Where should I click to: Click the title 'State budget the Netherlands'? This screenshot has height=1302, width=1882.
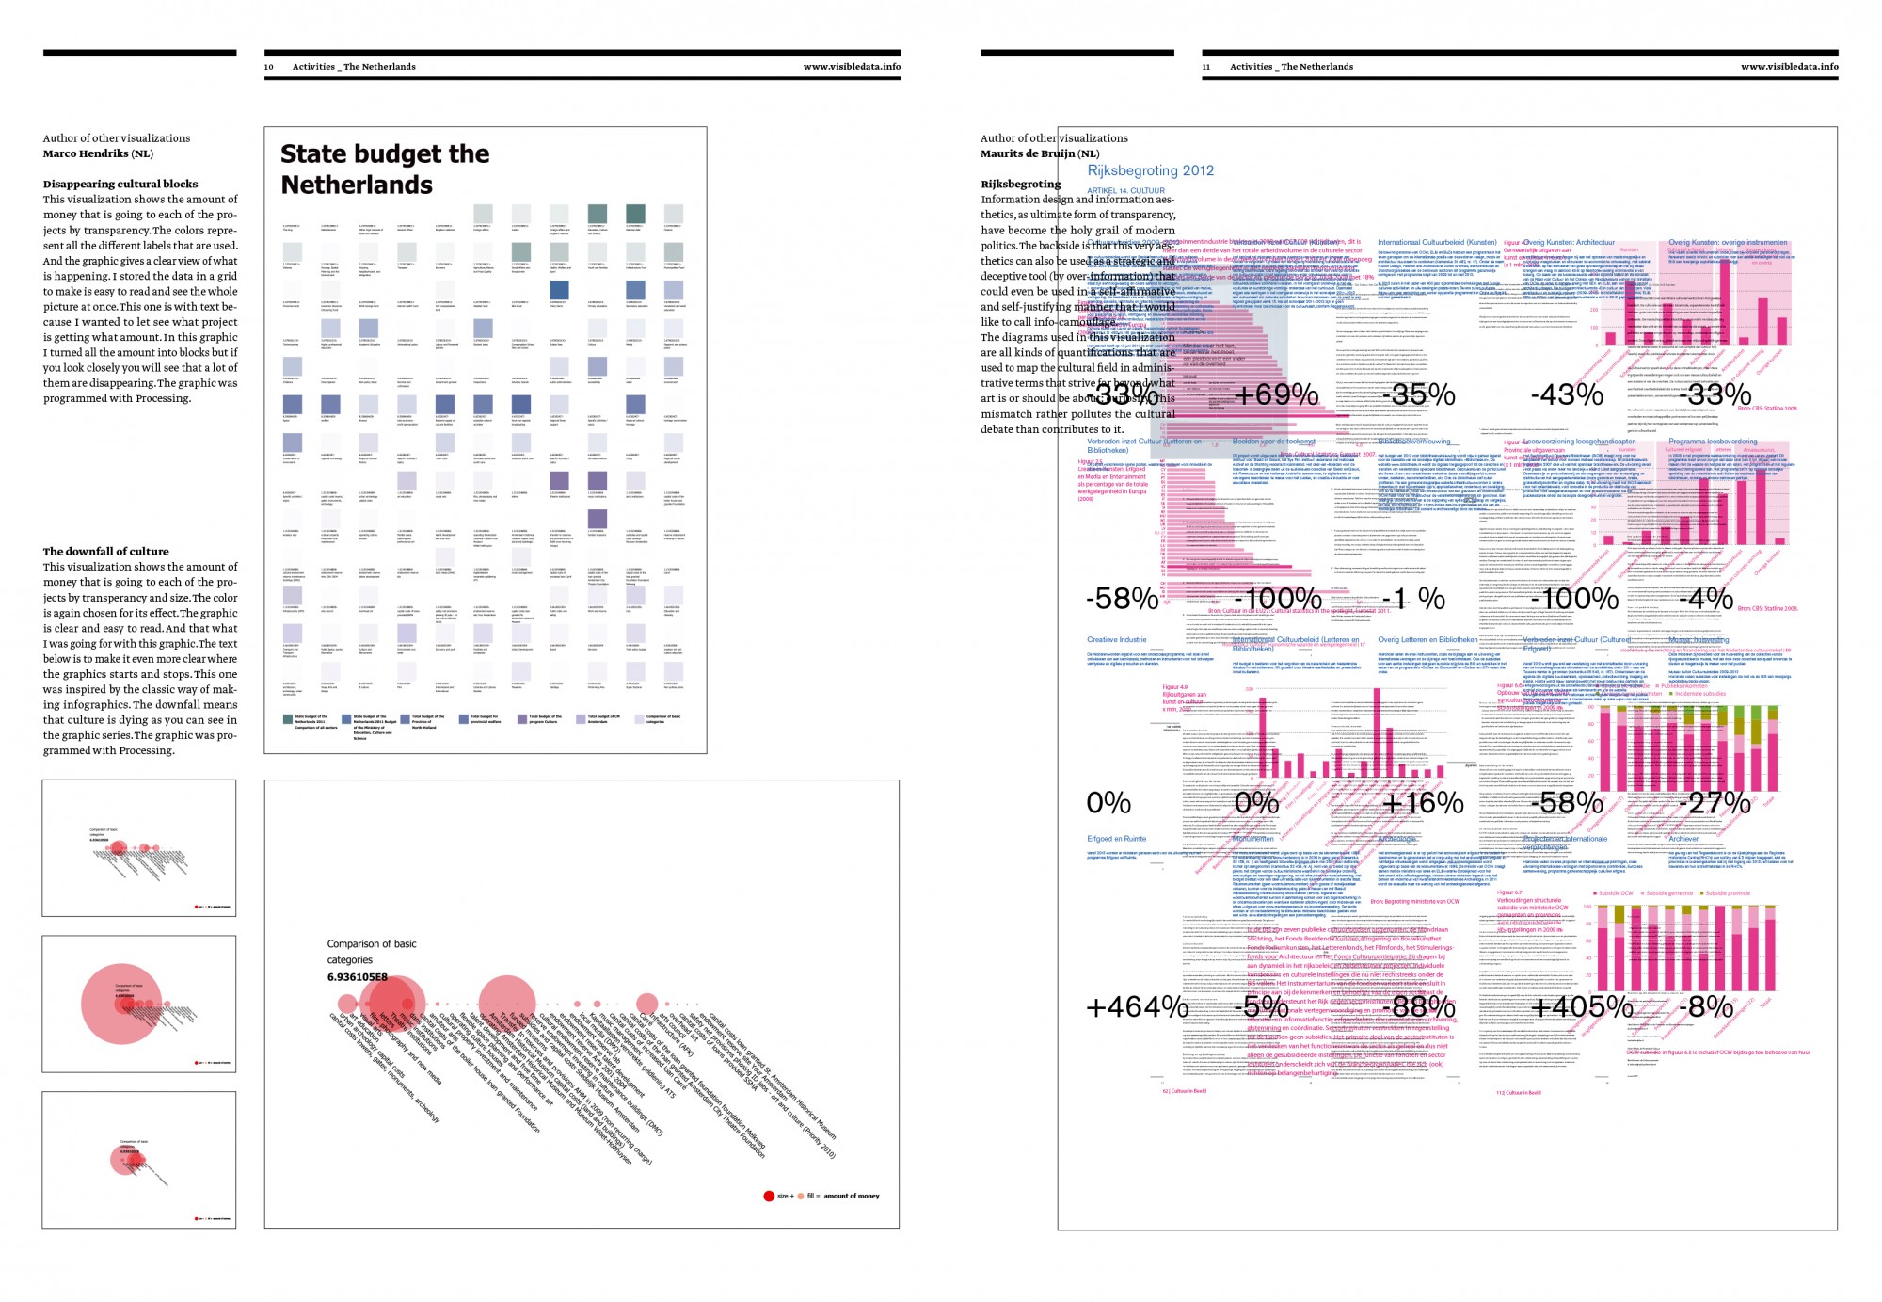(385, 169)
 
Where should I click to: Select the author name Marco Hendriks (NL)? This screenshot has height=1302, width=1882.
(98, 153)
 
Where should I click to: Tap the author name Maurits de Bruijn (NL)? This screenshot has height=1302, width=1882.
(1040, 153)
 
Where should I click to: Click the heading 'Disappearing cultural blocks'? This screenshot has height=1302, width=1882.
(120, 184)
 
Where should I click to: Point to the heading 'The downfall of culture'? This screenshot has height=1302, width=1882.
(105, 551)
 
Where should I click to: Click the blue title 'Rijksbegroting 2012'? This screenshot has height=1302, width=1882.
(1150, 170)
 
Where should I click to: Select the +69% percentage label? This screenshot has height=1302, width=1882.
(1275, 394)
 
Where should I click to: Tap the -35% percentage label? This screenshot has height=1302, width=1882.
(1420, 394)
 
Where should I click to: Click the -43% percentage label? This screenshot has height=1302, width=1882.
(1567, 394)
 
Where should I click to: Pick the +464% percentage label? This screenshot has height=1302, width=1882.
(1137, 1007)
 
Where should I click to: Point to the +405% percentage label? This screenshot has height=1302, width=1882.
(1582, 1007)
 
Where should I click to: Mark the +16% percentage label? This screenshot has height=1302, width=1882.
(1423, 803)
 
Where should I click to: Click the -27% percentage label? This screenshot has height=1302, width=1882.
(1717, 803)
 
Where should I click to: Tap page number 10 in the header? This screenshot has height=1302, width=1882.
(269, 67)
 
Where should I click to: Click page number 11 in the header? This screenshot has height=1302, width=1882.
(1206, 67)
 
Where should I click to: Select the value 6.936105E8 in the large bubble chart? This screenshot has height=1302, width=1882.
(358, 977)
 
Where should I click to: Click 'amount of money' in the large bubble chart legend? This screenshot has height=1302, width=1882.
(852, 1196)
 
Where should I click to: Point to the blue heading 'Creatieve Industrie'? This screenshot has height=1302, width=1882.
(1117, 640)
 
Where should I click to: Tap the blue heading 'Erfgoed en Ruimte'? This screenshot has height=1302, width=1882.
(1117, 839)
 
